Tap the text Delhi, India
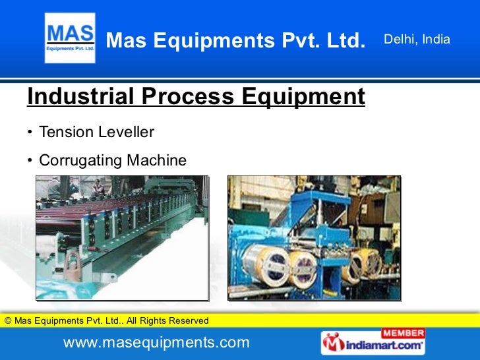point(417,40)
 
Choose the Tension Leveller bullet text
point(97,133)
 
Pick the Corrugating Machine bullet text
point(113,160)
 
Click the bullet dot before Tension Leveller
point(30,133)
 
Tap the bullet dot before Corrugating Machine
point(30,161)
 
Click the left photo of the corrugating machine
point(121,237)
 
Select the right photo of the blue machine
point(314,237)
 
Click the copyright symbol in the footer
point(8,321)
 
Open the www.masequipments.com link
point(156,342)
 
